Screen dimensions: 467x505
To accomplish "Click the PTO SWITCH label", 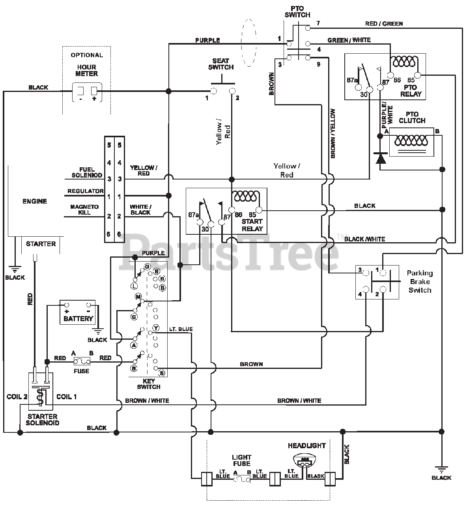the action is click(x=297, y=12).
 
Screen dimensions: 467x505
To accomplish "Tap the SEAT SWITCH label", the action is click(x=220, y=64).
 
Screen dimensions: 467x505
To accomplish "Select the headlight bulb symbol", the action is click(x=305, y=460).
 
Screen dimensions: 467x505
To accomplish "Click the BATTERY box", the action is click(x=78, y=312).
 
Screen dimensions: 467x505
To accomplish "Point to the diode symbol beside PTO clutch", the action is click(x=380, y=159).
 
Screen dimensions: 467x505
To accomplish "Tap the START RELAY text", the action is click(x=252, y=225).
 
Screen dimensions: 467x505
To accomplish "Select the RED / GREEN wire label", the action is click(x=384, y=24).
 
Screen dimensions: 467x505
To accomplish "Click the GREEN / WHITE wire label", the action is click(x=349, y=40).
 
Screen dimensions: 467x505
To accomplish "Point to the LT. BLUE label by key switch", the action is click(x=181, y=329).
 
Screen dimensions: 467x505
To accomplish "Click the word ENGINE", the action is click(x=35, y=201).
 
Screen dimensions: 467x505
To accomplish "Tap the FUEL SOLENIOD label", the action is click(x=87, y=172).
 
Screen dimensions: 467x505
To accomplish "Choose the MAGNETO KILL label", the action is click(x=84, y=209).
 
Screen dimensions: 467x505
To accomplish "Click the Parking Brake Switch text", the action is click(x=420, y=281).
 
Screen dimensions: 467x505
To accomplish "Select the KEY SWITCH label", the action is click(x=149, y=384).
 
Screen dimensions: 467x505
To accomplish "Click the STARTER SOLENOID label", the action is click(x=43, y=419).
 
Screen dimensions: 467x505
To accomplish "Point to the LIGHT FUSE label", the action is click(x=241, y=460).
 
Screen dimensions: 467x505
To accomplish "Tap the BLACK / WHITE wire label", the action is click(x=364, y=239).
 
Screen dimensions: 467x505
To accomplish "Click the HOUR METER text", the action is click(x=87, y=71).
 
